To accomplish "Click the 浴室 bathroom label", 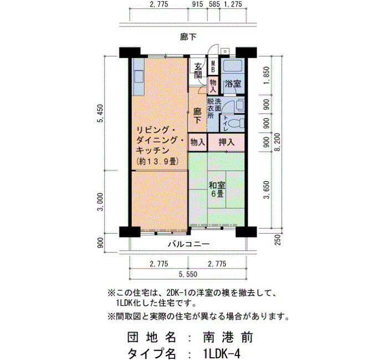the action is pos(233,84).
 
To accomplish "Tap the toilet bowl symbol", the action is pos(236,123).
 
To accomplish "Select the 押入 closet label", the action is pos(226,142).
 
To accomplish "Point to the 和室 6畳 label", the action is pos(217,189).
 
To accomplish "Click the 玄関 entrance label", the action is pos(198,71).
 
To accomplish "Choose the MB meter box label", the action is pos(213,67).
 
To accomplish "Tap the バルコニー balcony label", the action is pos(189,244).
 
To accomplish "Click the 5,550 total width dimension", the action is pos(188,274).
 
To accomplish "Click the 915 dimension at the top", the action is pos(197,4).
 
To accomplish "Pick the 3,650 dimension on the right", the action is pos(266,190).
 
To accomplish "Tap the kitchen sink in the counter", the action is pos(139,77).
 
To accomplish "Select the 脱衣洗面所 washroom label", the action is pos(214,109).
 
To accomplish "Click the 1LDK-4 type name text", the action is pos(221,353).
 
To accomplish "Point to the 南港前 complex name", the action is pos(228,337).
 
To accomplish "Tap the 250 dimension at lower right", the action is pos(278,240).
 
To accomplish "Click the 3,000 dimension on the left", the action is pos(101,202).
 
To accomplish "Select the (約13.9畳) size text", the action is pos(157,162).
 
